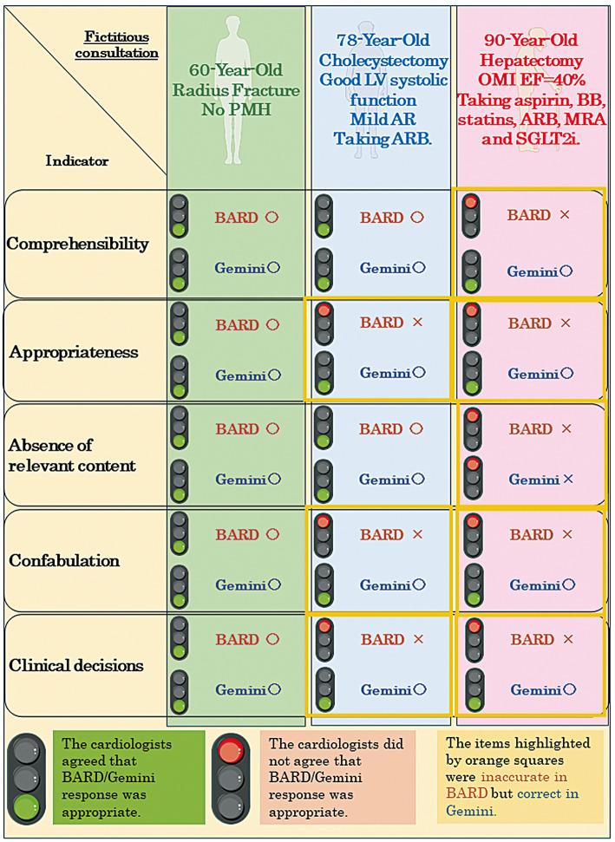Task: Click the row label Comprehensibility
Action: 77,244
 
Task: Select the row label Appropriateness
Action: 75,353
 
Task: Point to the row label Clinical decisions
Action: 76,666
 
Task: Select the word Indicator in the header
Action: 76,160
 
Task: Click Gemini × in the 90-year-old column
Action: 540,479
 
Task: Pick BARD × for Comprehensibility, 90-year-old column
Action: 540,215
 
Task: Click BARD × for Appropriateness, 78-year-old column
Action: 392,323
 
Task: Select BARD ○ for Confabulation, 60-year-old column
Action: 246,535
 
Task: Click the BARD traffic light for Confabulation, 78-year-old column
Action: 323,534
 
